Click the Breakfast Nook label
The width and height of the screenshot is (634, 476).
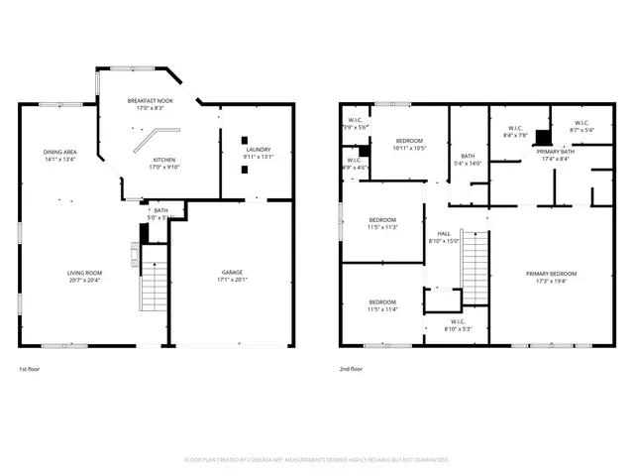(x=152, y=101)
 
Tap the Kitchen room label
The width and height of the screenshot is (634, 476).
(x=164, y=160)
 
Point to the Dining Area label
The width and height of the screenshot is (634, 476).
(x=59, y=152)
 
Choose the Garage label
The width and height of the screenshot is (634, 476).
(x=232, y=272)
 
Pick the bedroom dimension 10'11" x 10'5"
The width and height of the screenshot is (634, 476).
(x=410, y=149)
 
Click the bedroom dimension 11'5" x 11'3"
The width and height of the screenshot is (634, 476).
(x=383, y=227)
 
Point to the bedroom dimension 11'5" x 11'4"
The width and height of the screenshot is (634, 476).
(x=383, y=309)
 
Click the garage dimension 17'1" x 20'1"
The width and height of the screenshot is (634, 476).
(x=232, y=280)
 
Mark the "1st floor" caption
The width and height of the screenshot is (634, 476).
(x=30, y=369)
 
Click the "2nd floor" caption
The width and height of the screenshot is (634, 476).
(x=352, y=369)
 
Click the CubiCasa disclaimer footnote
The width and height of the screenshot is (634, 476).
(x=317, y=460)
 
